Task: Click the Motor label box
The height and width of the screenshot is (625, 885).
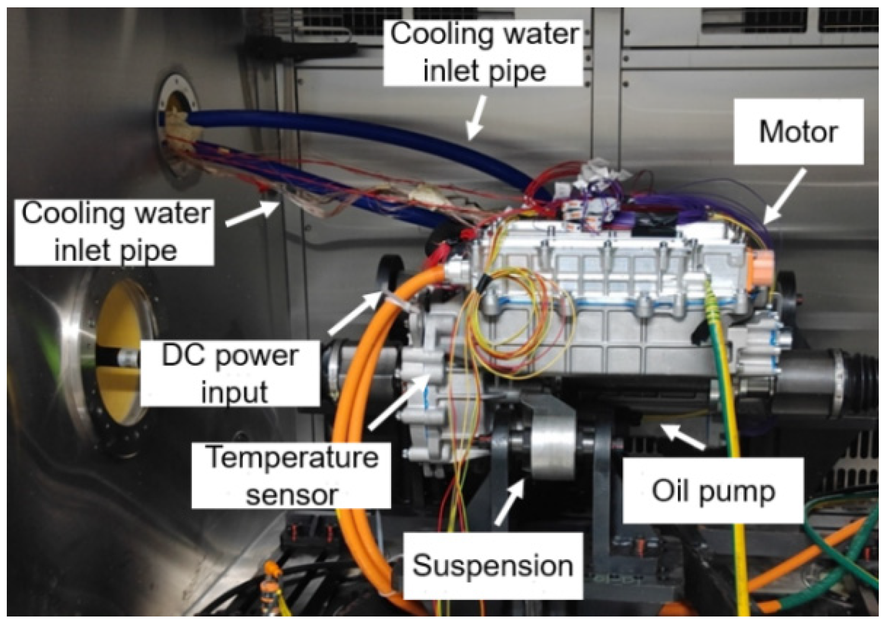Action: [798, 132]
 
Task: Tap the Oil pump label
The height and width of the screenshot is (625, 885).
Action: [713, 491]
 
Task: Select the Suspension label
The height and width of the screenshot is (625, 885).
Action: [492, 565]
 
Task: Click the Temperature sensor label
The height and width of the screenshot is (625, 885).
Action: [291, 475]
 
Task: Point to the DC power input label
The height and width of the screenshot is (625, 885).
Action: [230, 373]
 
